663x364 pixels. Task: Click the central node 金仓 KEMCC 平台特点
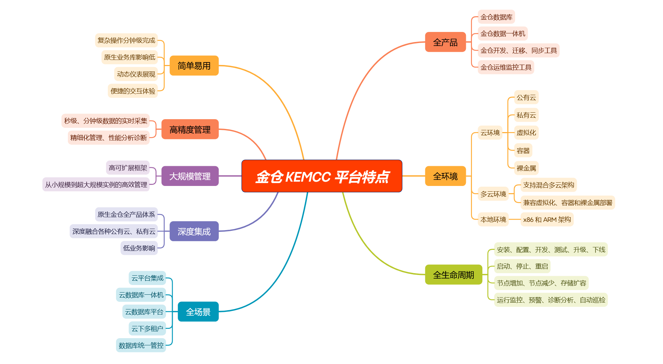point(322,176)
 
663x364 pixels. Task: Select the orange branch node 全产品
point(445,42)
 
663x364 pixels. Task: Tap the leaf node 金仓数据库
point(496,17)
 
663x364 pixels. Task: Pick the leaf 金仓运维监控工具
point(506,67)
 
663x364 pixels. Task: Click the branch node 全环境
point(445,176)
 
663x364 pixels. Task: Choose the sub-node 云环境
point(490,133)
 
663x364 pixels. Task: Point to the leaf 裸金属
point(526,168)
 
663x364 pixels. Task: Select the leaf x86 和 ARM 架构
point(547,219)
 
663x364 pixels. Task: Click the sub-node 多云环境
point(493,194)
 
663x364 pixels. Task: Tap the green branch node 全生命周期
point(453,275)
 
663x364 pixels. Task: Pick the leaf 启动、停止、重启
point(522,266)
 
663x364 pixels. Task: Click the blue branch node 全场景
point(198,312)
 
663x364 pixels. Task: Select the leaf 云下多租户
point(147,328)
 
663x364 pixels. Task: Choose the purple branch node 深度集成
point(194,231)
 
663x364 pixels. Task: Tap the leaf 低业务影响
point(139,248)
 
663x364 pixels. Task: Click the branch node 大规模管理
point(190,176)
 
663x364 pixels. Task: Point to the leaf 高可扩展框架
point(128,168)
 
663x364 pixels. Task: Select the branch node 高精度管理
point(190,129)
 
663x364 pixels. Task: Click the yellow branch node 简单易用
point(194,66)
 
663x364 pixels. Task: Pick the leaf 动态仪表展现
point(136,74)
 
